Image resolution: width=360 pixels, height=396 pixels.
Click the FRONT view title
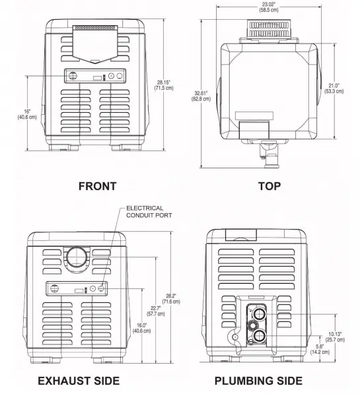[97, 186]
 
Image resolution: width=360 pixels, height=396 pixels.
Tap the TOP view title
[270, 186]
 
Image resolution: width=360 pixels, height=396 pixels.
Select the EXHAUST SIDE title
[79, 381]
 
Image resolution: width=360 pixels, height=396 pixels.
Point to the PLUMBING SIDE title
[258, 381]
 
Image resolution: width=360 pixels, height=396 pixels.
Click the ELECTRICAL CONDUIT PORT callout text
[149, 212]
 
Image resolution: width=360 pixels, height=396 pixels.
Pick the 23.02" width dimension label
[269, 7]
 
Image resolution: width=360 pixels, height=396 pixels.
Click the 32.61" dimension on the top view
[201, 96]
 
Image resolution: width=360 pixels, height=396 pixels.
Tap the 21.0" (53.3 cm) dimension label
[334, 88]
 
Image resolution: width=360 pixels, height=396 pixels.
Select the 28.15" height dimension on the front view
[164, 85]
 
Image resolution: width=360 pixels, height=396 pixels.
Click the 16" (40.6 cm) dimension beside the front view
[27, 114]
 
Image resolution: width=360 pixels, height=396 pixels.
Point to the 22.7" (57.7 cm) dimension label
[156, 311]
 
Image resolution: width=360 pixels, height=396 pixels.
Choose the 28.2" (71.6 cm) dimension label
[171, 298]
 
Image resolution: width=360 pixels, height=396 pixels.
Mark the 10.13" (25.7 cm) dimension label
[335, 337]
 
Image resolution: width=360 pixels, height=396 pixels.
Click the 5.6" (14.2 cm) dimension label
[320, 349]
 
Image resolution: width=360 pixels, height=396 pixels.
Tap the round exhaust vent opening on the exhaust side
[77, 257]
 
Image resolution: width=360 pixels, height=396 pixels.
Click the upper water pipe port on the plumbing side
[259, 314]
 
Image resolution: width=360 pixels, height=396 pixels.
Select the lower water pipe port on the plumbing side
[259, 336]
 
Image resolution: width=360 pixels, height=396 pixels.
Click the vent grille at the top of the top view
[269, 29]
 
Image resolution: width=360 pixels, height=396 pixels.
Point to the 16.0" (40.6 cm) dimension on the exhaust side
[141, 328]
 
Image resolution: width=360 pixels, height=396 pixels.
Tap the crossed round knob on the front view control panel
[73, 75]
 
